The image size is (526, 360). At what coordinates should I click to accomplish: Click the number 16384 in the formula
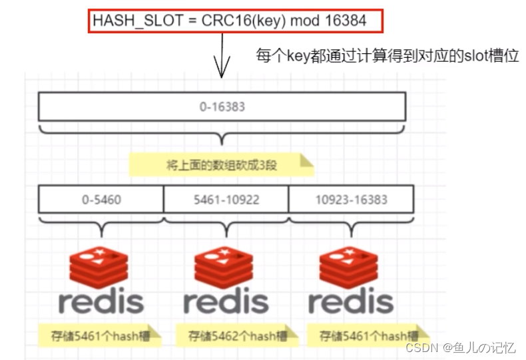pyautogui.click(x=346, y=21)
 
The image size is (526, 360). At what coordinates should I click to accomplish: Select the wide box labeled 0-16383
pyautogui.click(x=222, y=106)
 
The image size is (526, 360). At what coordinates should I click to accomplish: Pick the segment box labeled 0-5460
pyautogui.click(x=101, y=199)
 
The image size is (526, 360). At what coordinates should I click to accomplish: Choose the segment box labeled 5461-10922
pyautogui.click(x=226, y=199)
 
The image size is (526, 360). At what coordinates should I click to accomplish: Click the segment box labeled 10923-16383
pyautogui.click(x=351, y=199)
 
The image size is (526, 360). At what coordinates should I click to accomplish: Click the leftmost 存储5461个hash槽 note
pyautogui.click(x=100, y=335)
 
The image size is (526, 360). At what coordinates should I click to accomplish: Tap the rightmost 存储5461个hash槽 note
pyautogui.click(x=368, y=335)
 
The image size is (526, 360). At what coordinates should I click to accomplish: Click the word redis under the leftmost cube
pyautogui.click(x=101, y=301)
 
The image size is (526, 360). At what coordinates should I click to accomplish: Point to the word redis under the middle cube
pyautogui.click(x=226, y=301)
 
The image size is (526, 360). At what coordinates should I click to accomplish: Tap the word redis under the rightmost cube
pyautogui.click(x=351, y=301)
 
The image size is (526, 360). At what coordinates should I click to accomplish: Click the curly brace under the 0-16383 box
pyautogui.click(x=222, y=135)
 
